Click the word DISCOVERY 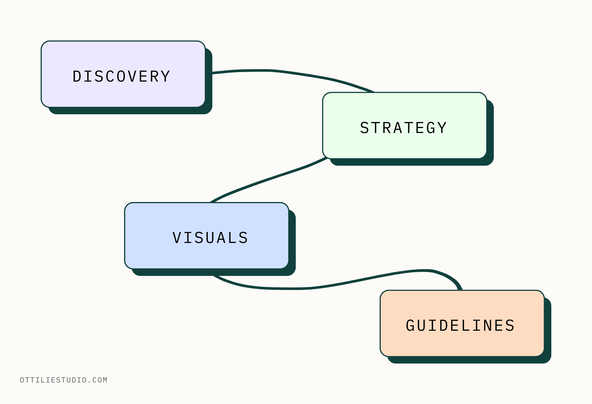[x=121, y=76]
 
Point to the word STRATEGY [x=404, y=128]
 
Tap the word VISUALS [x=210, y=238]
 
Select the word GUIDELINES [x=460, y=326]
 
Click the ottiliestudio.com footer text [x=64, y=380]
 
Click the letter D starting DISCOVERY [x=77, y=76]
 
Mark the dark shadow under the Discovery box [x=129, y=111]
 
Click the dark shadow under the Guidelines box [x=469, y=360]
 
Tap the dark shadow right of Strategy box [x=490, y=129]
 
